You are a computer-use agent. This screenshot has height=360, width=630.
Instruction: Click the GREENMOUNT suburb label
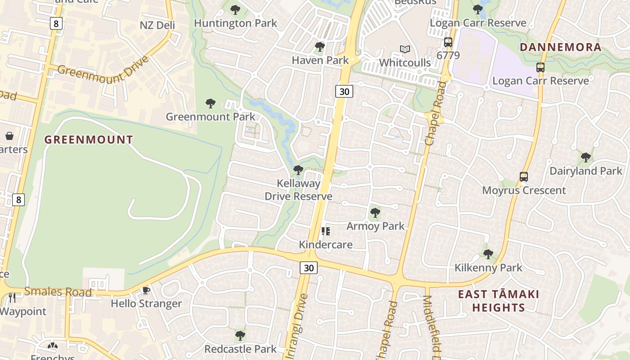tap(89, 140)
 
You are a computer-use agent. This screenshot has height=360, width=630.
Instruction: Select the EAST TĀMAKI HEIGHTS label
tap(498, 301)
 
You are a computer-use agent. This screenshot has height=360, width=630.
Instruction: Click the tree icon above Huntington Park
tap(235, 10)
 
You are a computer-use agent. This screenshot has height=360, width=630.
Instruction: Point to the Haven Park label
tap(320, 60)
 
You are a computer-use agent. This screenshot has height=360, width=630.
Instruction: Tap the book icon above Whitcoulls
tap(405, 49)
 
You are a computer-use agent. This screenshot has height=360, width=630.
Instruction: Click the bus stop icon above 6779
tap(448, 43)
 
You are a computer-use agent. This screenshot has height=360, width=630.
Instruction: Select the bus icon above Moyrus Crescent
tap(524, 177)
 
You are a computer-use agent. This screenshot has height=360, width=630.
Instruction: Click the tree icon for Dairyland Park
tap(585, 157)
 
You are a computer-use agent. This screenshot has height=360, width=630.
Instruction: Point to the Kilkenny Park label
tap(488, 268)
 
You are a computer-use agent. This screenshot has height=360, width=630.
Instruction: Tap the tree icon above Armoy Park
tap(375, 213)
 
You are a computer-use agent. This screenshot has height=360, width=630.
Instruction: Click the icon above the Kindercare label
tap(326, 231)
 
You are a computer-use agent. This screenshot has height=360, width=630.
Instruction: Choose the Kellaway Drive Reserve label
tap(298, 190)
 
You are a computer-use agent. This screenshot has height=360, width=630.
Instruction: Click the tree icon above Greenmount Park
tap(210, 103)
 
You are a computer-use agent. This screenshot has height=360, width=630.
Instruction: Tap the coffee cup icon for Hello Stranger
tap(146, 290)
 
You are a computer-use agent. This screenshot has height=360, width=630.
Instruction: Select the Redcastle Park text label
tap(240, 349)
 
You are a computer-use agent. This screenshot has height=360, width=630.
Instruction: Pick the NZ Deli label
tap(157, 25)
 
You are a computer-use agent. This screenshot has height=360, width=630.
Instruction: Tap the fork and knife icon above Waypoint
tap(12, 297)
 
